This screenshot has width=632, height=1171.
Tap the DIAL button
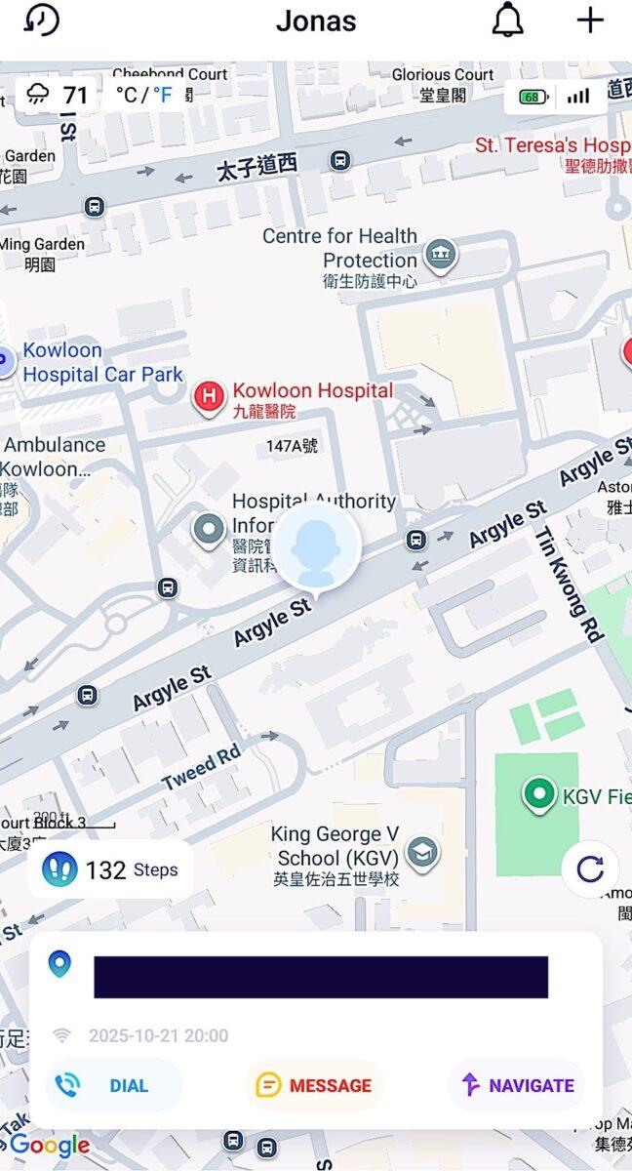pyautogui.click(x=113, y=1085)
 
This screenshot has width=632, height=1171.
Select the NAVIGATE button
pyautogui.click(x=517, y=1085)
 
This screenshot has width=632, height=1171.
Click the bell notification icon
pyautogui.click(x=507, y=20)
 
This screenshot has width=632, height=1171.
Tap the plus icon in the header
pyautogui.click(x=590, y=20)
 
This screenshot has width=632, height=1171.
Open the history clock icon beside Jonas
pyautogui.click(x=42, y=20)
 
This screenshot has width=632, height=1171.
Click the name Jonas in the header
pyautogui.click(x=316, y=20)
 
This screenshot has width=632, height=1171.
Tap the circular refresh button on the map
pyautogui.click(x=590, y=868)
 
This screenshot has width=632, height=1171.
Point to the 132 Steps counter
pyautogui.click(x=110, y=869)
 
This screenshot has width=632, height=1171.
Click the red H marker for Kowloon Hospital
pyautogui.click(x=208, y=396)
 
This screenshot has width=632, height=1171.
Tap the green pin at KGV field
pyautogui.click(x=537, y=794)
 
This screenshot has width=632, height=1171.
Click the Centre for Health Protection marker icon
pyautogui.click(x=442, y=255)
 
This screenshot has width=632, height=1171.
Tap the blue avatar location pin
pyautogui.click(x=317, y=546)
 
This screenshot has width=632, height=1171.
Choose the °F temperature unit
pyautogui.click(x=162, y=95)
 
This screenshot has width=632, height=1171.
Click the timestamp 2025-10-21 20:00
pyautogui.click(x=158, y=1035)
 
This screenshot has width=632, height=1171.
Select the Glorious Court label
pyautogui.click(x=442, y=75)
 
